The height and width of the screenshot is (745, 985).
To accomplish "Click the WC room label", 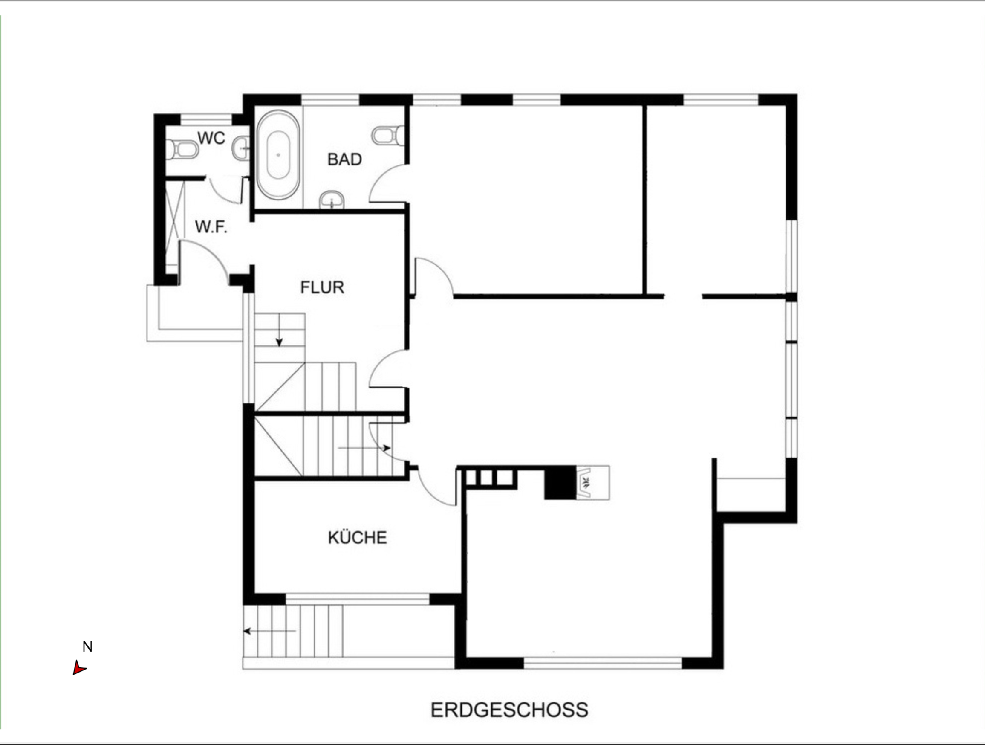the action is tap(211, 138).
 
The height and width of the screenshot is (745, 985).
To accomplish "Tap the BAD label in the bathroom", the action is tap(344, 159).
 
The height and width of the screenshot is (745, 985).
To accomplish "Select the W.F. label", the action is tap(211, 227).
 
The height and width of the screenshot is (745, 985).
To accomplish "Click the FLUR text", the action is tap(322, 287).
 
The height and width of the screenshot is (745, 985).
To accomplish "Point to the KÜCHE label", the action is tap(357, 538).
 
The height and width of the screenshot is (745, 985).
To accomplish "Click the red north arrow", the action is tap(79, 667).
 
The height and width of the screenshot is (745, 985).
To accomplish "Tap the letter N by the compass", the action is tap(87, 646).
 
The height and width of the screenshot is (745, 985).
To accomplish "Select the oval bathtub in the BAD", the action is tap(278, 155).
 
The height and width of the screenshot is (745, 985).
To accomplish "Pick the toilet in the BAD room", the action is tap(388, 136).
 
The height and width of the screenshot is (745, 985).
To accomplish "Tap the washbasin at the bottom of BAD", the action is tap(332, 200).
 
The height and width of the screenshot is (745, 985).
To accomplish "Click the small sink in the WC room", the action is tap(241, 148).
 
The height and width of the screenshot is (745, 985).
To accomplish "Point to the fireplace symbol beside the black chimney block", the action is tap(593, 483).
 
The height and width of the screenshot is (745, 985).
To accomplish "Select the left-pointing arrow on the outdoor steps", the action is tap(269, 631).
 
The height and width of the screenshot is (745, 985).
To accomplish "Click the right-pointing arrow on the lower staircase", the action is tap(364, 448).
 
